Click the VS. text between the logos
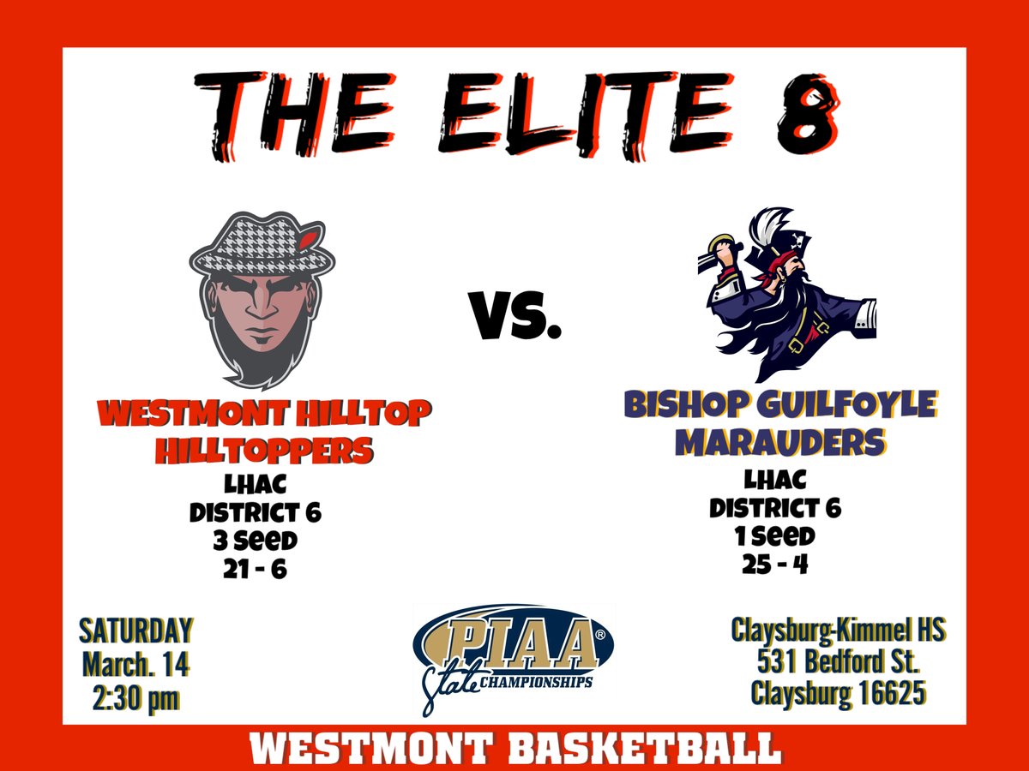point(515,314)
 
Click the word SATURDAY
point(135,631)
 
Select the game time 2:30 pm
point(135,697)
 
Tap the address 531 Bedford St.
point(839,661)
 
